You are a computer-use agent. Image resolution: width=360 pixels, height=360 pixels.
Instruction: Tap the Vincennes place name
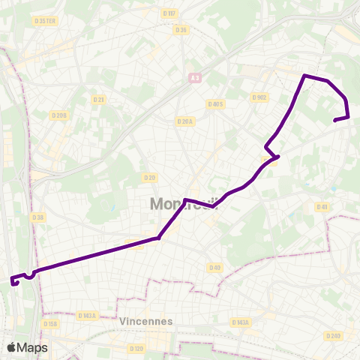coord(145,320)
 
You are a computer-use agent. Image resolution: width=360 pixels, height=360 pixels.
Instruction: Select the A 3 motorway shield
coord(195,77)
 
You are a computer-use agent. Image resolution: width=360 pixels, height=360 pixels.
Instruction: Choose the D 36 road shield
coord(180,30)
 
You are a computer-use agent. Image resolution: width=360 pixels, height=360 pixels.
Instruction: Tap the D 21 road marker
coord(98,99)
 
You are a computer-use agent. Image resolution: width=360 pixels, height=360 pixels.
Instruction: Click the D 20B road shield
coord(60,115)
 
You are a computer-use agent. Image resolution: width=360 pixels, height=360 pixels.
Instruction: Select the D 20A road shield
coord(185,121)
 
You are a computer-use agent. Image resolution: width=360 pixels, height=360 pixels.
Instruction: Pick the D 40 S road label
coord(216,104)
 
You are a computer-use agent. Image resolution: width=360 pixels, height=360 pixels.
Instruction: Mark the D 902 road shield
coord(259,97)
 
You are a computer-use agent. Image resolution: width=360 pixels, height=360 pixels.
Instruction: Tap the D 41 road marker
coord(322,207)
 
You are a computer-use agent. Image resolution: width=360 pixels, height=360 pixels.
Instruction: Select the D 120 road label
coord(136,349)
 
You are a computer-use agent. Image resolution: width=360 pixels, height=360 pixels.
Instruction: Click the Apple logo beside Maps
coord(12,347)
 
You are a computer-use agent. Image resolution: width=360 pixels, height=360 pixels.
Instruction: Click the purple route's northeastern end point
coord(334,119)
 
